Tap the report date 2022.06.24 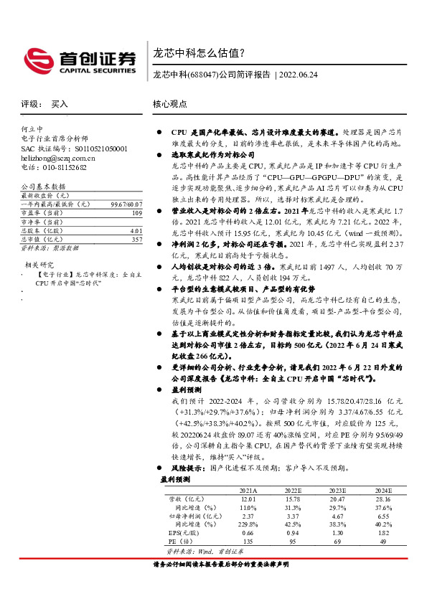pos(301,75)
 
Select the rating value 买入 pos(60,104)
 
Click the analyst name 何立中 pos(32,129)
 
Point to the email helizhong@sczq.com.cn pos(57,157)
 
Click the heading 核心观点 pos(169,104)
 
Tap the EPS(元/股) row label pos(182,533)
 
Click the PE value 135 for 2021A pos(248,542)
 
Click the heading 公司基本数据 pos(39,186)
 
